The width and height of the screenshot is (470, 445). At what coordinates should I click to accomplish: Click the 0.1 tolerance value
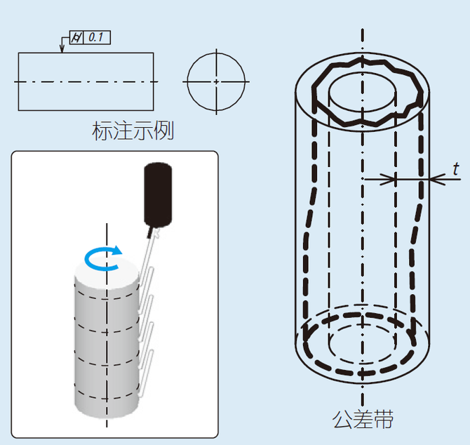click(96, 37)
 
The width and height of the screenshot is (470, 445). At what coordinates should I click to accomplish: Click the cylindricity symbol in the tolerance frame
click(76, 38)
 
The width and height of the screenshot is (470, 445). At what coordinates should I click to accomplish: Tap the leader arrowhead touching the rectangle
click(62, 49)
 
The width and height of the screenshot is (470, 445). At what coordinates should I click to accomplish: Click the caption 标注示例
click(133, 131)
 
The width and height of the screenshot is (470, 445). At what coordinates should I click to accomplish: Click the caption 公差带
click(363, 419)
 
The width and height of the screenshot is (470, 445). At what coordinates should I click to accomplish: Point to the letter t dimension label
click(456, 169)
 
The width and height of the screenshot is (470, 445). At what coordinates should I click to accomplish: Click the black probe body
click(158, 194)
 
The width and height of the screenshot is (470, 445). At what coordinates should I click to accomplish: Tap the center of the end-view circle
click(217, 81)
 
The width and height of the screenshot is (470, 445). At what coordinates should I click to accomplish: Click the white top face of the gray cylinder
click(107, 273)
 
